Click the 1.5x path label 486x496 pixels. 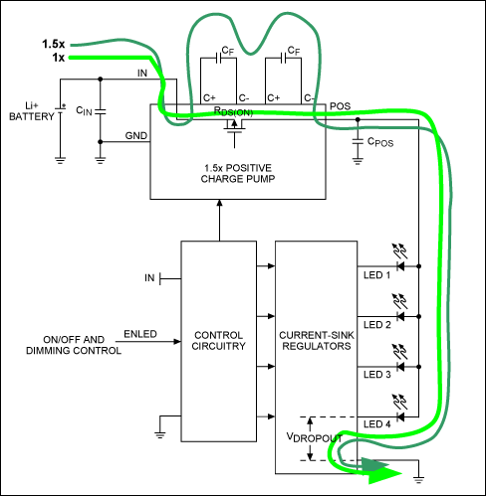[x=52, y=45]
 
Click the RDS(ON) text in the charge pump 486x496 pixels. [x=233, y=113]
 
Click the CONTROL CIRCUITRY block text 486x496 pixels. [x=219, y=338]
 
